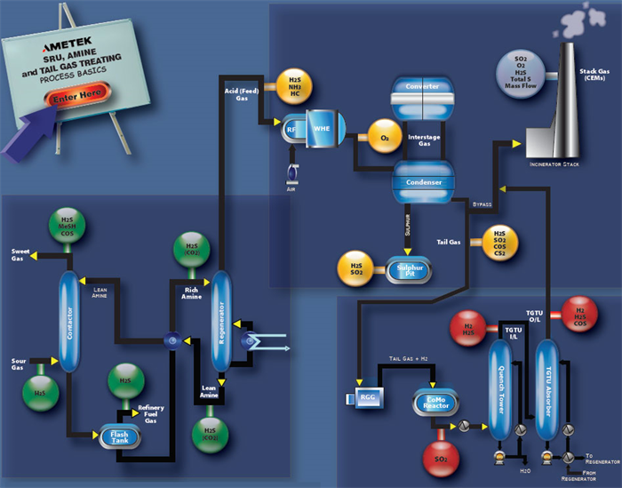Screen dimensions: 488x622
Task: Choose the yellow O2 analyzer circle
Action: pos(384,137)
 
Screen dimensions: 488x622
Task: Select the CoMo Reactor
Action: pos(435,404)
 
